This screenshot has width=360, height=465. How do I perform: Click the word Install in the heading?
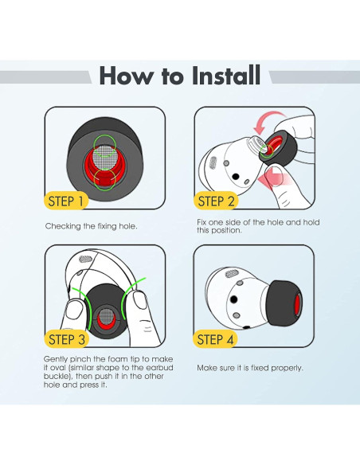[x=226, y=76]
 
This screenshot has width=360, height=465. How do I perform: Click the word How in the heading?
[x=125, y=76]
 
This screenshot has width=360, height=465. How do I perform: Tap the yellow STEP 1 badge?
[x=66, y=201]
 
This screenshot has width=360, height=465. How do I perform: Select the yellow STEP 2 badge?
[x=216, y=201]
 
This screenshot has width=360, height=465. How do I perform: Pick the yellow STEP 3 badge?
[x=66, y=339]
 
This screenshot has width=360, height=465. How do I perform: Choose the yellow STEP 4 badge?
[x=215, y=339]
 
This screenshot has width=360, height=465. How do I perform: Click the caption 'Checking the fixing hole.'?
[x=92, y=226]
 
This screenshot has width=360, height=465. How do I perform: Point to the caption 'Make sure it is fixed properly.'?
[x=250, y=368]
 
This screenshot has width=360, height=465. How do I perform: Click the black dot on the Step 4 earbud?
[x=234, y=299]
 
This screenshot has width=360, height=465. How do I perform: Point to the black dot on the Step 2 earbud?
[x=236, y=177]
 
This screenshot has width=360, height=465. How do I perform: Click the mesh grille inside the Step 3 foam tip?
[x=107, y=315]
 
